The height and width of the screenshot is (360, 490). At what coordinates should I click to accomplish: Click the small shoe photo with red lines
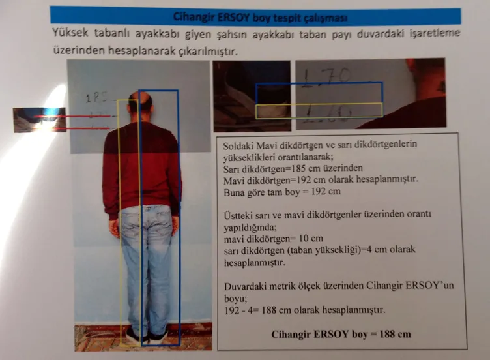pyautogui.click(x=39, y=119)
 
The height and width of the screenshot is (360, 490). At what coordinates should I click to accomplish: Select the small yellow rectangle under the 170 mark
pyautogui.click(x=319, y=111)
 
